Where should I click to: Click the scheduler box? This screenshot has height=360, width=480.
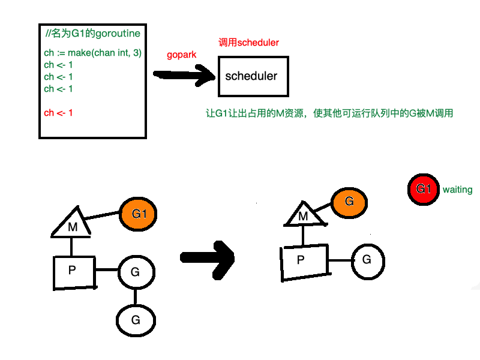coord(251,76)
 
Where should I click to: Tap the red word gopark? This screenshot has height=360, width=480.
coord(182,55)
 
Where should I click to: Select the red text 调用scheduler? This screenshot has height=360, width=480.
coord(249,43)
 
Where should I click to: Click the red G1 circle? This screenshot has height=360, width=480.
coord(423,189)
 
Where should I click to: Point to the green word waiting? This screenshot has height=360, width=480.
coord(457,190)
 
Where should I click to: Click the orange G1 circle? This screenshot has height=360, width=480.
coord(139,214)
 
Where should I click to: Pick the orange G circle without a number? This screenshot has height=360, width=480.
coord(349,202)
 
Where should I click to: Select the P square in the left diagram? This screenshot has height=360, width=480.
coord(72,271)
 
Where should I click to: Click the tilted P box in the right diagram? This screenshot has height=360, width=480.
coord(304,262)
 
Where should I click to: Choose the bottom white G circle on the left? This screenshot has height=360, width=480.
coord(136,320)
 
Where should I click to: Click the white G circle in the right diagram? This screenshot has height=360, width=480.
coord(367,261)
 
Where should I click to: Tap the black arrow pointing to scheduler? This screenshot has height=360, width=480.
coord(184,75)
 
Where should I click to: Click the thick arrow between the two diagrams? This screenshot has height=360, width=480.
coord(207,257)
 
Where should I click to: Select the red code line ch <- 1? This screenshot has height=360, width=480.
coord(59,113)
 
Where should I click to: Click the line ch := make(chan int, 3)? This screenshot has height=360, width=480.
coord(92,53)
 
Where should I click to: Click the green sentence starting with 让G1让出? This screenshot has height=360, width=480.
coord(329,113)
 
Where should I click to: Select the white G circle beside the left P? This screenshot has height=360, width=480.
coord(135,272)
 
